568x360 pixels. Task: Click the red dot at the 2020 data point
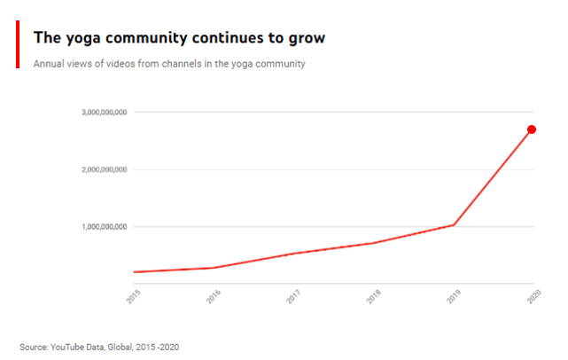tap(532, 129)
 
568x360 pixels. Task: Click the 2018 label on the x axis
tap(373, 297)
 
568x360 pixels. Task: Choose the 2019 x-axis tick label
tap(453, 297)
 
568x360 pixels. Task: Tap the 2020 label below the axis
tap(533, 297)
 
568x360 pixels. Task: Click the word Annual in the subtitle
tap(50, 64)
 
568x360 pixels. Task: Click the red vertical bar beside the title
tap(17, 45)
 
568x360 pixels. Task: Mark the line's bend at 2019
tap(454, 224)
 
